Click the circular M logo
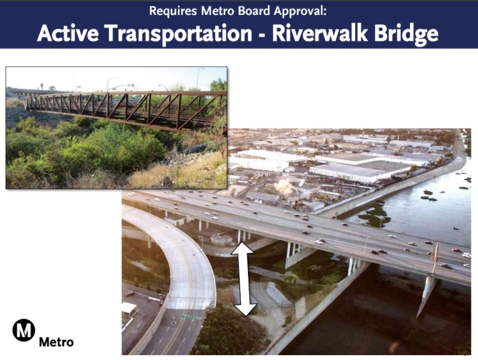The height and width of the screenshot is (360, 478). [24, 330]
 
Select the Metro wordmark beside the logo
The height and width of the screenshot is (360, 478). [56, 342]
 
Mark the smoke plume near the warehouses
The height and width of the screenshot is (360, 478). [284, 187]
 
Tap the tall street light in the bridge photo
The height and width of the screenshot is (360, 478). [198, 78]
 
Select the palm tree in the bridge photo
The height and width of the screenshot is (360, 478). [42, 86]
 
